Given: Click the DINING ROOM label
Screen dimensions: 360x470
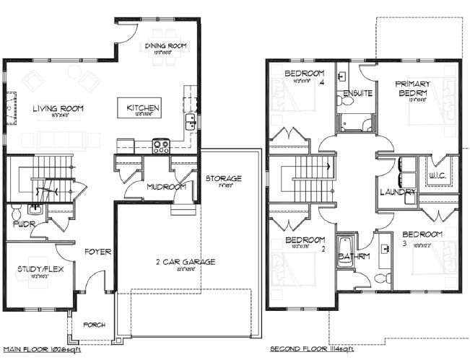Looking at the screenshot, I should (166, 46).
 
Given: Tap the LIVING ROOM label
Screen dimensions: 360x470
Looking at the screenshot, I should (58, 109).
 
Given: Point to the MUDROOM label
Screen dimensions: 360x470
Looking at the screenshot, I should (167, 187).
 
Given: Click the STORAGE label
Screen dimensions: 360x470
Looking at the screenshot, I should (223, 178).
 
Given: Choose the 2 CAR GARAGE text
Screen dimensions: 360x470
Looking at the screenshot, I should (186, 262).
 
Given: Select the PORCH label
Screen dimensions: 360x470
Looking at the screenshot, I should (94, 325).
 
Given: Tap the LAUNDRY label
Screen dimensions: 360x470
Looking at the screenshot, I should (398, 192).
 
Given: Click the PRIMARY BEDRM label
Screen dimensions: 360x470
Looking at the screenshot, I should (413, 88).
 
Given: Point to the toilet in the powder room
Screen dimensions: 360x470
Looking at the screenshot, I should (34, 210).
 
